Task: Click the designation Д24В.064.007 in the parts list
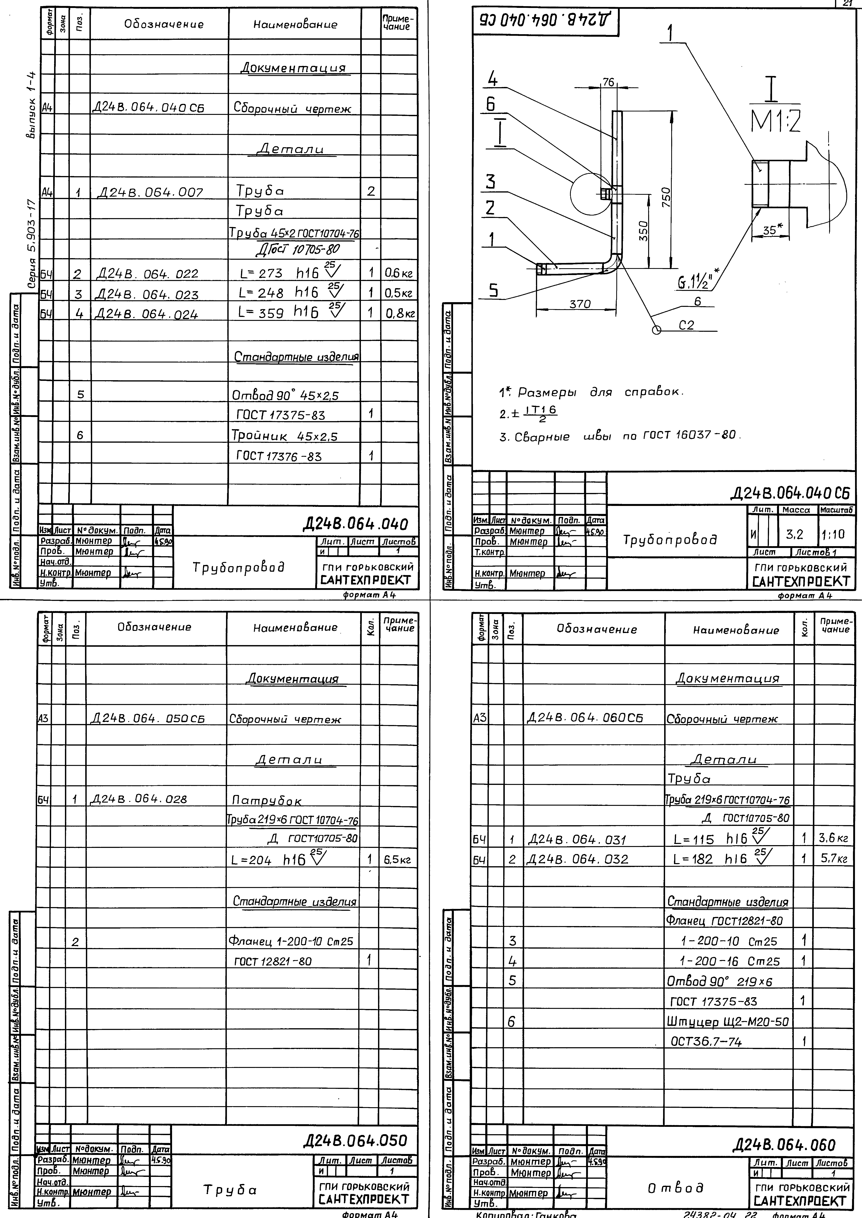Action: (x=150, y=192)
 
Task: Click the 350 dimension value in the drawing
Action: (x=643, y=231)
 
